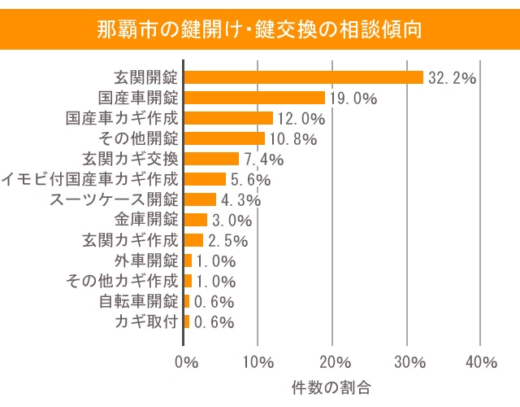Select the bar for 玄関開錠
[x=304, y=77]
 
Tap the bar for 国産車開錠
[x=254, y=98]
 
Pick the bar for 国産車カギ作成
[x=228, y=118]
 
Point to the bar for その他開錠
[x=224, y=138]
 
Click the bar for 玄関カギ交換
[x=211, y=159]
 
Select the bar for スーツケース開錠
[x=200, y=199]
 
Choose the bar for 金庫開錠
[x=195, y=220]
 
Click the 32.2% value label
[x=451, y=78]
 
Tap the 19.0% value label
[x=353, y=98]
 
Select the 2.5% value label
[x=227, y=241]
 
